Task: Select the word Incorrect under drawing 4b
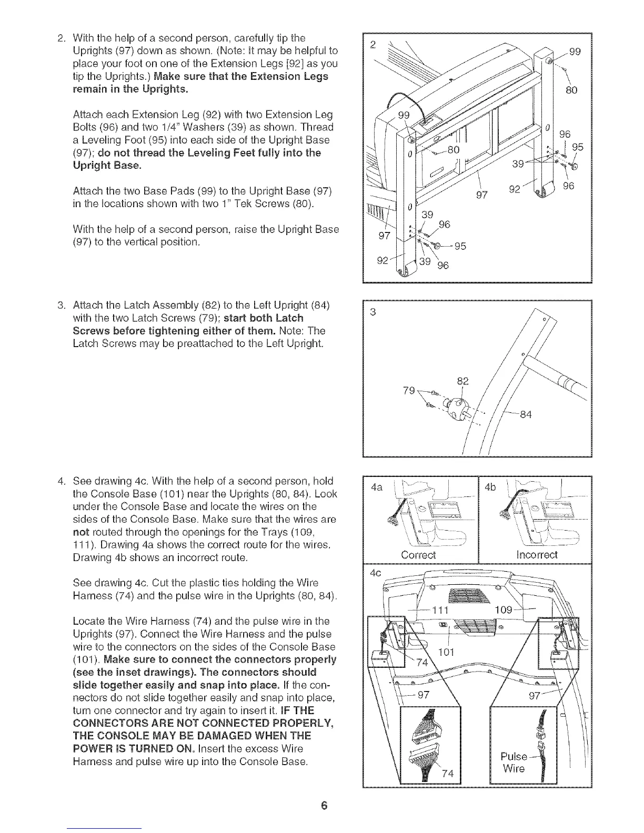536,555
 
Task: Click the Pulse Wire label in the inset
514,762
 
